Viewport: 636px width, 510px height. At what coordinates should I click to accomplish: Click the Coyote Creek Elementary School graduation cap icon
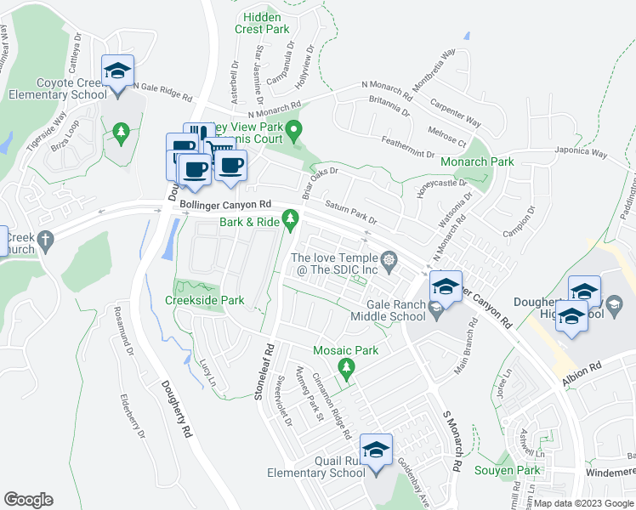click(118, 71)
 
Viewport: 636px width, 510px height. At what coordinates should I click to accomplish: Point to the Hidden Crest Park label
click(266, 22)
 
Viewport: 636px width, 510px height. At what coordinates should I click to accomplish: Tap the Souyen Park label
click(517, 470)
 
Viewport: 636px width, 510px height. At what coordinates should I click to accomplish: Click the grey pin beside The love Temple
click(389, 260)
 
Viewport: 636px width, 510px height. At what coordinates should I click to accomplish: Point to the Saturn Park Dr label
click(350, 212)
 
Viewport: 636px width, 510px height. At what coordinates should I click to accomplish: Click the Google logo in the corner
click(28, 500)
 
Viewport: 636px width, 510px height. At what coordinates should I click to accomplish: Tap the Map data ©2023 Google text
click(583, 503)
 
